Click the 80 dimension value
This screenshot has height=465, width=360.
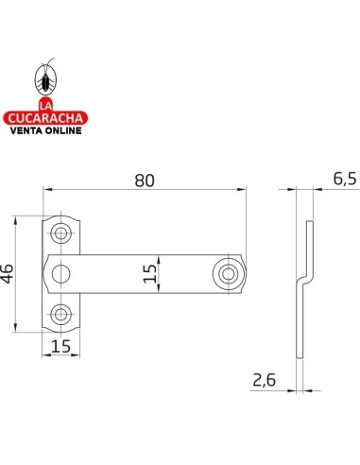click(145, 181)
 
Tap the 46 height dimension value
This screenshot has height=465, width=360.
click(8, 273)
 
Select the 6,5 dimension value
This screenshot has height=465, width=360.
click(345, 179)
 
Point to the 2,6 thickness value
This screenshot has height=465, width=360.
click(264, 380)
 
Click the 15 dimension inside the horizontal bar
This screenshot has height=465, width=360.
click(150, 273)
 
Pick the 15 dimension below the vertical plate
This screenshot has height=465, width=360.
click(60, 347)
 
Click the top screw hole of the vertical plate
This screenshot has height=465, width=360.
click(60, 233)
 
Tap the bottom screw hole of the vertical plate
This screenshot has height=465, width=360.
click(60, 314)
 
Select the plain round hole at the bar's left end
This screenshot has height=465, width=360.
click(60, 274)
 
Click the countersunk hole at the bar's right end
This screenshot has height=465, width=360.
click(228, 274)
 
